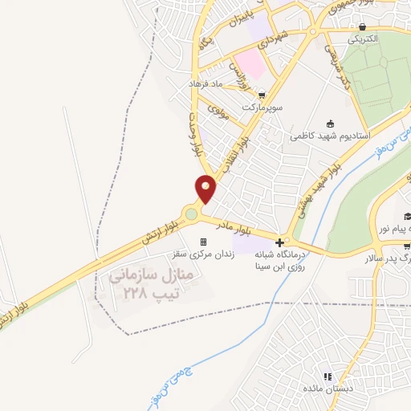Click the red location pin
click(206, 188)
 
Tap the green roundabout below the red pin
click(191, 214)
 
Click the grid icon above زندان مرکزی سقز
click(203, 242)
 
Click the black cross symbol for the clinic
click(279, 242)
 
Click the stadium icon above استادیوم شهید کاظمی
click(330, 124)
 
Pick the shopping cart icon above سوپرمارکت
click(261, 94)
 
